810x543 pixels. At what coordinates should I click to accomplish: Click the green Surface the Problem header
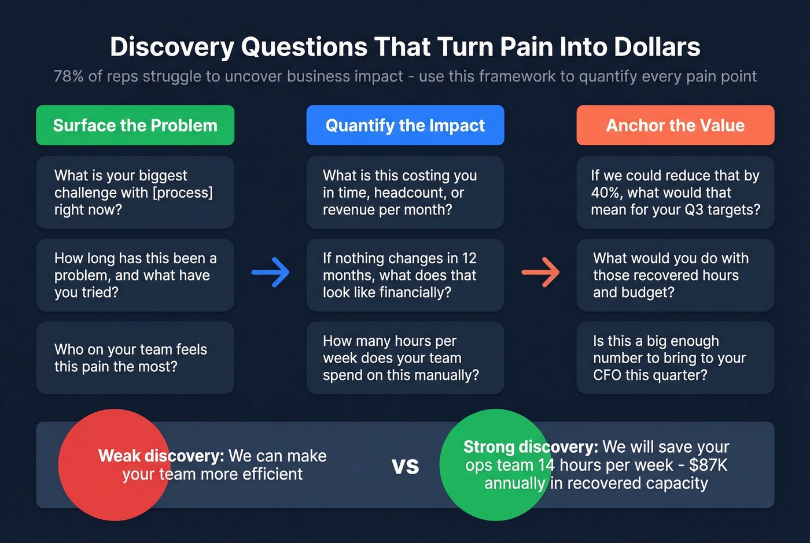tap(135, 125)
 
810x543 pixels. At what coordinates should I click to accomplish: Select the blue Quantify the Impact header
tap(405, 125)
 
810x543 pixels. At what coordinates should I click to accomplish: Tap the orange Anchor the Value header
tap(675, 125)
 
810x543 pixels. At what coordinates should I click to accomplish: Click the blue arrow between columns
tap(271, 272)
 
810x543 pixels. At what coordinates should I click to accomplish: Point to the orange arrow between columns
tap(540, 272)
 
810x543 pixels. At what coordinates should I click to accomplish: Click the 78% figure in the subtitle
tap(68, 76)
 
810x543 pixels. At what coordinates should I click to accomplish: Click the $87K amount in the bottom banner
tap(708, 465)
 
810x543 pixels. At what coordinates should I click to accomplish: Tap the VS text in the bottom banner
tap(405, 466)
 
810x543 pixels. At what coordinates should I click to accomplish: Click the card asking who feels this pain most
tap(135, 358)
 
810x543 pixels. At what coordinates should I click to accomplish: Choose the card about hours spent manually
tap(405, 358)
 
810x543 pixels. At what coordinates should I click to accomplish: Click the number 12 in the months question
tap(469, 258)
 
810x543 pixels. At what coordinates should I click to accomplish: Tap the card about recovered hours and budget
tap(675, 275)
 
